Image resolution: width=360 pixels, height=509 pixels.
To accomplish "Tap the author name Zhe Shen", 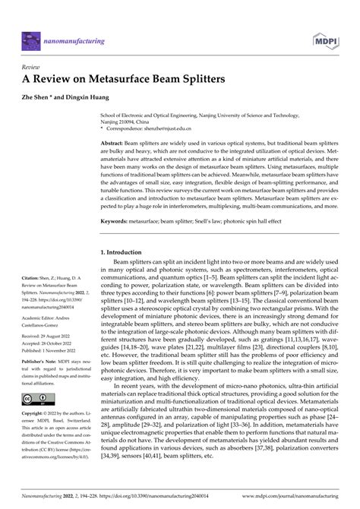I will point(42,99).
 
